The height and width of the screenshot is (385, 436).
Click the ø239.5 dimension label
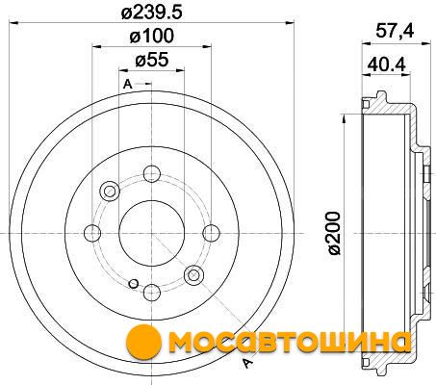click(151, 13)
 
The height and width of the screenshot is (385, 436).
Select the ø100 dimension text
click(151, 36)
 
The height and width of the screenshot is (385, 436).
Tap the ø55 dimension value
click(152, 60)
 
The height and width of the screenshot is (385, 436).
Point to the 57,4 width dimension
click(395, 32)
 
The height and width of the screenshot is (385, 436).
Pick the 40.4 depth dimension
click(386, 64)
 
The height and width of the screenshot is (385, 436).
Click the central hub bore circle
click(151, 233)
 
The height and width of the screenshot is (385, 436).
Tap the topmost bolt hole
click(152, 173)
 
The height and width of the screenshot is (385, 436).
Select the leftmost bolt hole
click(92, 233)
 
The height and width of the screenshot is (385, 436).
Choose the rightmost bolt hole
click(212, 233)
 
